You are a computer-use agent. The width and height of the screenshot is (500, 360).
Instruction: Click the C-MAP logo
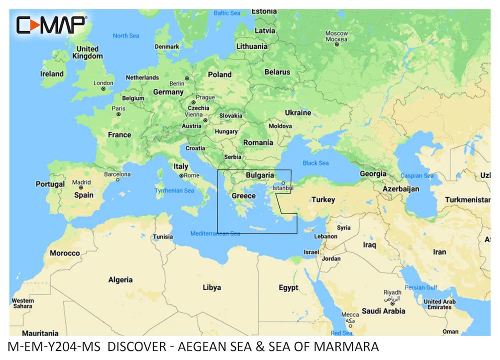pyautogui.click(x=51, y=24)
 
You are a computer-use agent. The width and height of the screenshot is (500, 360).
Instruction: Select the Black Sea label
pyautogui.click(x=315, y=163)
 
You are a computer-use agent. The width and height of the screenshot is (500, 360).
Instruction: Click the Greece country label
pyautogui.click(x=243, y=195)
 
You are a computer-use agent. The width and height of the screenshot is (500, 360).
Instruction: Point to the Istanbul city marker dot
pyautogui.click(x=282, y=183)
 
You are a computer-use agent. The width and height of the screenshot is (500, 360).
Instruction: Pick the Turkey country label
pyautogui.click(x=323, y=199)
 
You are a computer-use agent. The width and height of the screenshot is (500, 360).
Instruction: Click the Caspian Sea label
pyautogui.click(x=417, y=175)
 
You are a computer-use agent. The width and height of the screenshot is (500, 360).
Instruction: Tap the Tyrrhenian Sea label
pyautogui.click(x=174, y=190)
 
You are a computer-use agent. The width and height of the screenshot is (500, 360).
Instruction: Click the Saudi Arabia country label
pyautogui.click(x=383, y=311)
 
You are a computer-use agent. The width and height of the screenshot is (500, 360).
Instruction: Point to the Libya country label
pyautogui.click(x=211, y=287)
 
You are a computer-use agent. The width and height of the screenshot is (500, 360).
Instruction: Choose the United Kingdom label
pyautogui.click(x=87, y=52)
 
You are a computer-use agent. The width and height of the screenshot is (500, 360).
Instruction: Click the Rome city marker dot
pyautogui.click(x=181, y=175)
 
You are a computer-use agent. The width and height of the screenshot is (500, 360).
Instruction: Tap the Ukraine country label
pyautogui.click(x=297, y=112)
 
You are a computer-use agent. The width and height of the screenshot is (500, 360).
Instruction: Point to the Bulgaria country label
pyautogui.click(x=259, y=175)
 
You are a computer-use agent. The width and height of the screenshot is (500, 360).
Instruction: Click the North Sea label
pyautogui.click(x=126, y=35)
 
